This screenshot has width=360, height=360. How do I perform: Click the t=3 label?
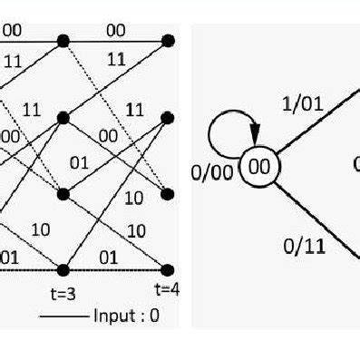63,293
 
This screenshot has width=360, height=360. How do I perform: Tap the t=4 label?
166,290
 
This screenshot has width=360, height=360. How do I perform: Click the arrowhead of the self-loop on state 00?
257,149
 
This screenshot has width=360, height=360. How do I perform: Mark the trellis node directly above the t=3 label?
63,270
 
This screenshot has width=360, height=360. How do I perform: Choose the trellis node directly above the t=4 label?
168,270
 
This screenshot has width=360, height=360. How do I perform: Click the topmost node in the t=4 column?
168,41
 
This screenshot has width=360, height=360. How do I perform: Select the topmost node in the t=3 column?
63,41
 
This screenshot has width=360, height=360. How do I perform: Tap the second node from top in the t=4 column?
168,117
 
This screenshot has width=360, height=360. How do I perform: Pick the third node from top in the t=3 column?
63,194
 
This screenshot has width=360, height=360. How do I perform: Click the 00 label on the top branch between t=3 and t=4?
115,31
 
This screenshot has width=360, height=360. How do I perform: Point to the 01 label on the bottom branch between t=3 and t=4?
108,258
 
